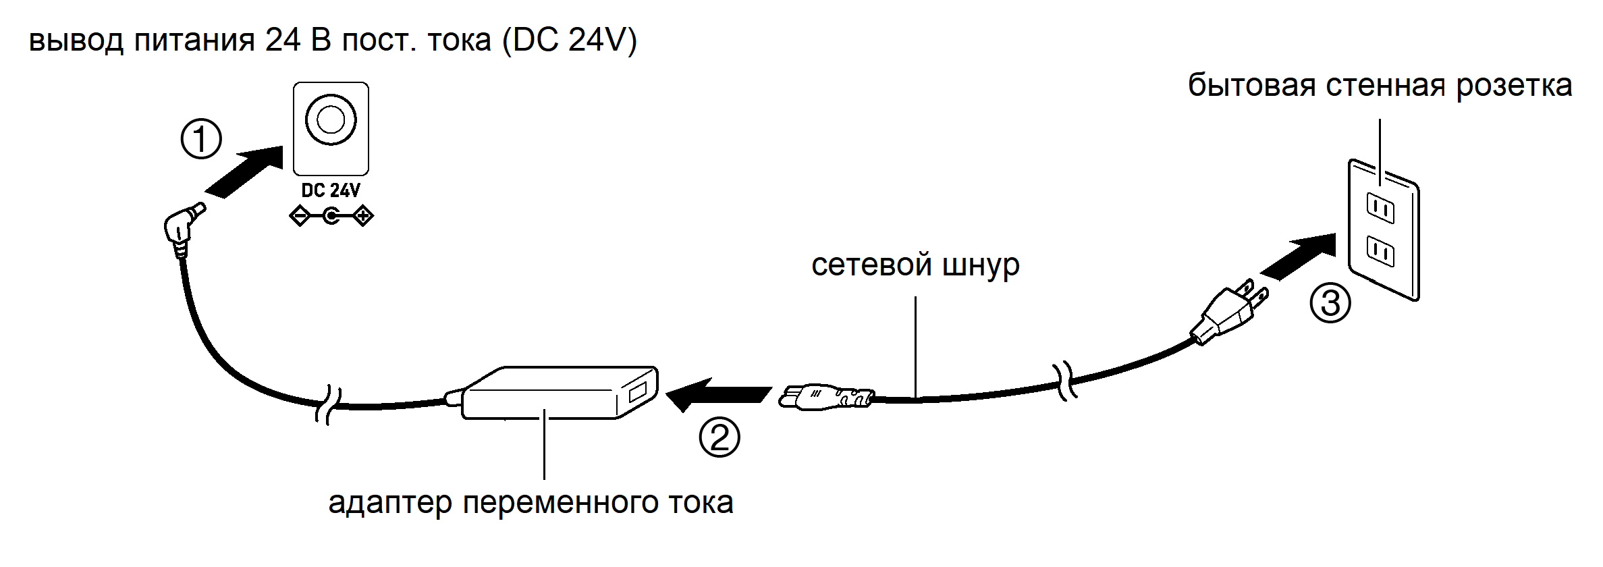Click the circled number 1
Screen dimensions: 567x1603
(201, 139)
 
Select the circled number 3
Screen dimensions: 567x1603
(1330, 302)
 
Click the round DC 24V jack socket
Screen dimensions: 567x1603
(331, 120)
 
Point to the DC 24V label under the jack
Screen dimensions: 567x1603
(331, 190)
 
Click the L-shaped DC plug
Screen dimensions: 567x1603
(182, 226)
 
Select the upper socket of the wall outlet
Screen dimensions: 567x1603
(1380, 208)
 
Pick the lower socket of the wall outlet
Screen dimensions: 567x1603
(1380, 251)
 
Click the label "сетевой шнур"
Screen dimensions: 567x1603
(915, 265)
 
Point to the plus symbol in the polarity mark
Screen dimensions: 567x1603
(363, 217)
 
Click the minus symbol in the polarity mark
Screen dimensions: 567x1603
(299, 217)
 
